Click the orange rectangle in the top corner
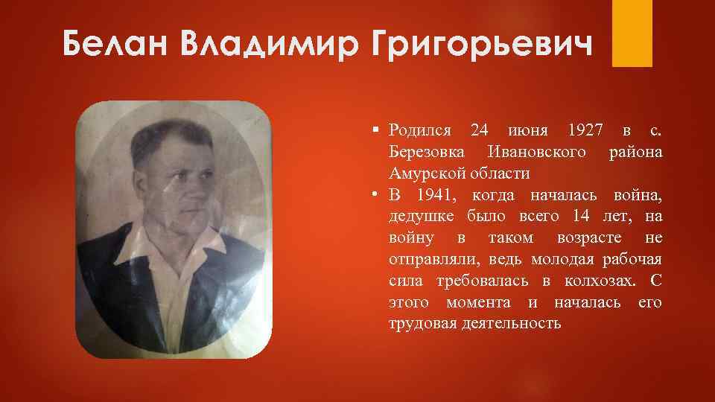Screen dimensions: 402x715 point(632,33)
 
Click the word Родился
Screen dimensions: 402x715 point(419,130)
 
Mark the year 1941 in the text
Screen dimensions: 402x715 point(433,195)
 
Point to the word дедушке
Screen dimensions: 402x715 point(422,217)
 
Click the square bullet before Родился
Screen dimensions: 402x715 point(378,131)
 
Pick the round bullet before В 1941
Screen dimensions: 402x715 point(378,196)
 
